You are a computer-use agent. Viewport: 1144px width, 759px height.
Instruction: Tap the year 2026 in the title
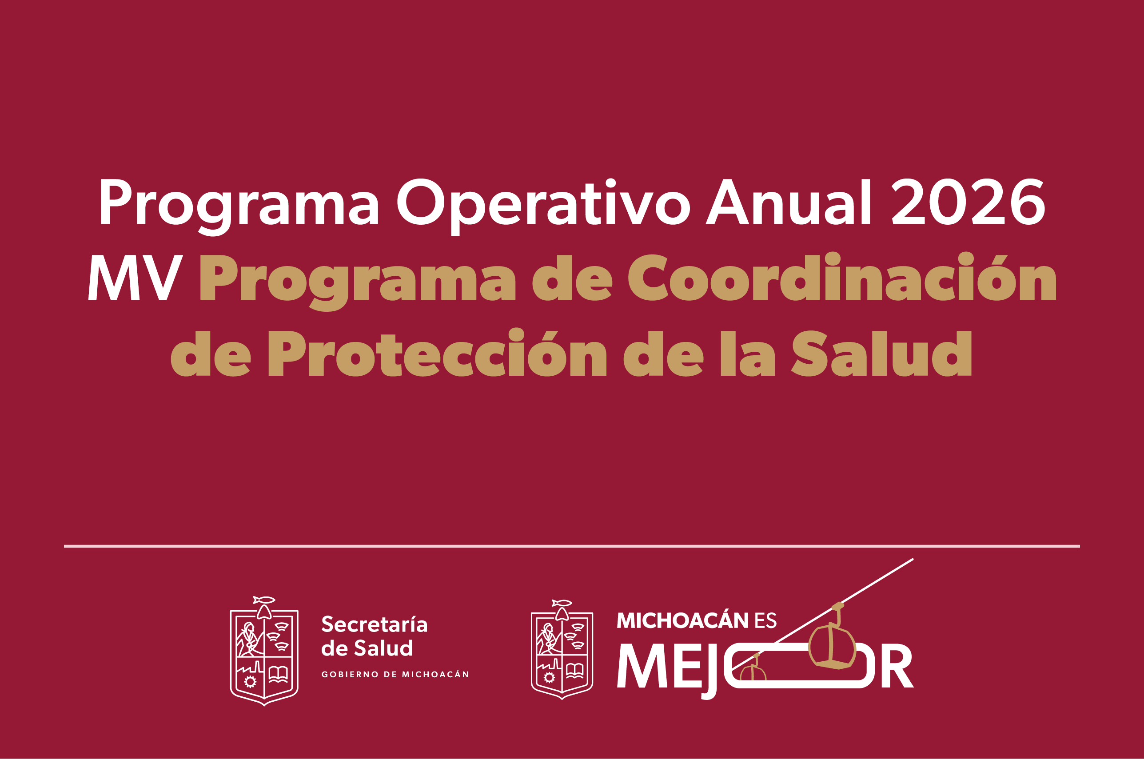(968, 202)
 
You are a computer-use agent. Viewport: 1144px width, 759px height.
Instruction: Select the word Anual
(788, 202)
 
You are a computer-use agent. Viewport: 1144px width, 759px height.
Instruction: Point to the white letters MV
(136, 278)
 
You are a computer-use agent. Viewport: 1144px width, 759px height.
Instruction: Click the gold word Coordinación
(842, 276)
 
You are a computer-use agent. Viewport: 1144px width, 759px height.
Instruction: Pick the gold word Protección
(437, 352)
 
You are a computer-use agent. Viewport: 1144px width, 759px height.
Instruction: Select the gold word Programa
(358, 282)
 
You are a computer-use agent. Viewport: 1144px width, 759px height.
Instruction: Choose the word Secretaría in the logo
(374, 624)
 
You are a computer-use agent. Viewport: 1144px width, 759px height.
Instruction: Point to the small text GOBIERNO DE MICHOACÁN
(395, 674)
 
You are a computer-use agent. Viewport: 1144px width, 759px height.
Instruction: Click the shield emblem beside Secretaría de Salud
(264, 651)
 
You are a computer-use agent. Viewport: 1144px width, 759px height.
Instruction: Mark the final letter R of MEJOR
(897, 666)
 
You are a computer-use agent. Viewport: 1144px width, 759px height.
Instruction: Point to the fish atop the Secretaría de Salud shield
(264, 600)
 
